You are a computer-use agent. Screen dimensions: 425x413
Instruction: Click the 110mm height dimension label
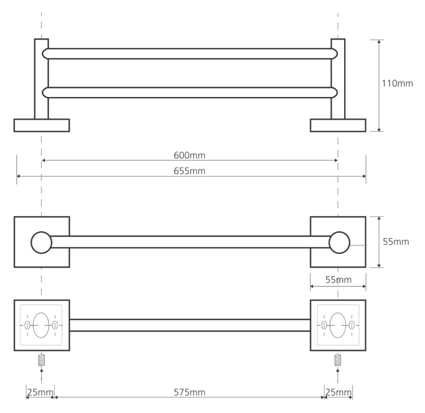pos(397,83)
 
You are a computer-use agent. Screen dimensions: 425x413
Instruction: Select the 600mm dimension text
pos(190,155)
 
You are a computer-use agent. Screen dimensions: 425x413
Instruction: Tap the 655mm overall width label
pos(190,171)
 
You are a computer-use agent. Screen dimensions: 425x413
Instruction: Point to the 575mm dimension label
pos(190,392)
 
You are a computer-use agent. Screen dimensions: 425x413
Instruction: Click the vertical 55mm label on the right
pos(396,241)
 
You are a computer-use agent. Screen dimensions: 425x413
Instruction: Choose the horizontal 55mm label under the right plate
pos(338,280)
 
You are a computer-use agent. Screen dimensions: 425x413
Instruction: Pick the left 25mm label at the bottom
pos(40,392)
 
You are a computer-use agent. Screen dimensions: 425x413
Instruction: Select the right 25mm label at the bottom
pos(338,392)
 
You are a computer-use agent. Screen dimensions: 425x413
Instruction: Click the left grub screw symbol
pos(41,360)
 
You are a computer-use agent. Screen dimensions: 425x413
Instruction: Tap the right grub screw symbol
pos(338,360)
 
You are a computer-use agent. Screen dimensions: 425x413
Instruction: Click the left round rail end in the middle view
pos(41,242)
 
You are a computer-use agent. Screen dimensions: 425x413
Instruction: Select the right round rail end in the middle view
pos(339,242)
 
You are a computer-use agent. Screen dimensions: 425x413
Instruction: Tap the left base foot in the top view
pos(42,125)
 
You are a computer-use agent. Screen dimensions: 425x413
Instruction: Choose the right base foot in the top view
pos(338,125)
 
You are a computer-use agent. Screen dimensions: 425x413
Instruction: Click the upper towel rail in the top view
pos(190,54)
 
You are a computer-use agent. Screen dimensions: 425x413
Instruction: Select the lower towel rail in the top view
pos(190,92)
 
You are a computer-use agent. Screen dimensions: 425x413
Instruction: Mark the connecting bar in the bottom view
pos(190,325)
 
